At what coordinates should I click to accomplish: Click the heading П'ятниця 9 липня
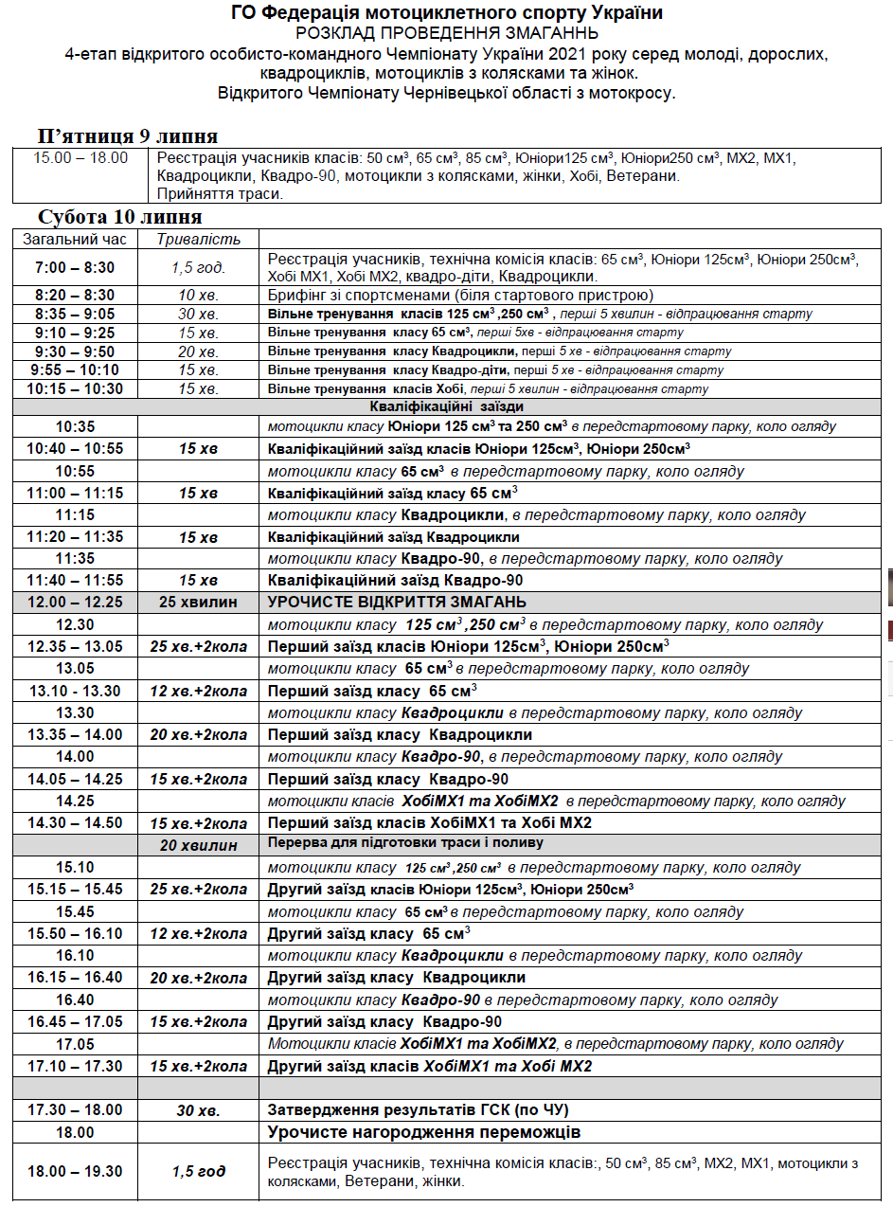tap(128, 135)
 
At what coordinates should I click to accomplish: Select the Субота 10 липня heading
tap(120, 217)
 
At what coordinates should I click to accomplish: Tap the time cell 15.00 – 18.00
tap(80, 158)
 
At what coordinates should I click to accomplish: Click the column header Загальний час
tap(75, 239)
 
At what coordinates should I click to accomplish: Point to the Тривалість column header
tap(198, 239)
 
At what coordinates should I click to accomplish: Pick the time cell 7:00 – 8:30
tap(75, 267)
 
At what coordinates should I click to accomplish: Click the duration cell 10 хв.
tap(198, 295)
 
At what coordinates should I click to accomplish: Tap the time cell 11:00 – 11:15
tap(75, 493)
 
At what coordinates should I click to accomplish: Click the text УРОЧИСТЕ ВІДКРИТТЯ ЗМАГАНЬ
tap(397, 603)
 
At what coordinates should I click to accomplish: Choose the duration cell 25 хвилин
tap(198, 603)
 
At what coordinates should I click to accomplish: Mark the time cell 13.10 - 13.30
tap(75, 691)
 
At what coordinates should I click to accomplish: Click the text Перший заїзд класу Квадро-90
tap(387, 779)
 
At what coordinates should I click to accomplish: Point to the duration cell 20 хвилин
tap(198, 844)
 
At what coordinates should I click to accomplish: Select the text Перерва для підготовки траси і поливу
tap(405, 843)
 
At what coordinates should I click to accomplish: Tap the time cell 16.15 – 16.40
tap(75, 977)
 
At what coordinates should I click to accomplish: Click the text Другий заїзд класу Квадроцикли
tap(396, 977)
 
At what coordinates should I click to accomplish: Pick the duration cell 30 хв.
tap(198, 1109)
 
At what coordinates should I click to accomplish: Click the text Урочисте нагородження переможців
tap(423, 1132)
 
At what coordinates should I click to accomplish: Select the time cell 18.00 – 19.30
tap(75, 1171)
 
